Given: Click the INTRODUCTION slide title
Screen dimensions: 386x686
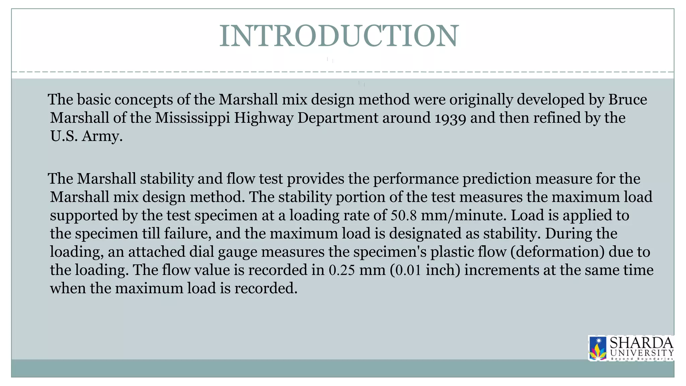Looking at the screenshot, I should click(x=339, y=36).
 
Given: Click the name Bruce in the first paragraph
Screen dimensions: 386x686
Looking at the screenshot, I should click(x=628, y=100).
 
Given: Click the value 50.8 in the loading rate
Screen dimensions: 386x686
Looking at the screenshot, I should click(x=404, y=215).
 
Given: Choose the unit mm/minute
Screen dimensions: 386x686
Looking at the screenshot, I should click(x=464, y=215).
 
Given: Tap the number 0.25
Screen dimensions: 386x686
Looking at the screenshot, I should click(x=342, y=270).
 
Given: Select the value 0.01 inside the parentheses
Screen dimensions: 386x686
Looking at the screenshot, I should click(x=408, y=270).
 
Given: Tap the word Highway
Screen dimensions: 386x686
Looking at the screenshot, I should click(x=264, y=118).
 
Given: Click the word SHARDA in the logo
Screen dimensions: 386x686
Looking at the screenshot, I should click(x=641, y=343).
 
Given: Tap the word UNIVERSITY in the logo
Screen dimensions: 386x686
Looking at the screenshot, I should click(x=642, y=352).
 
